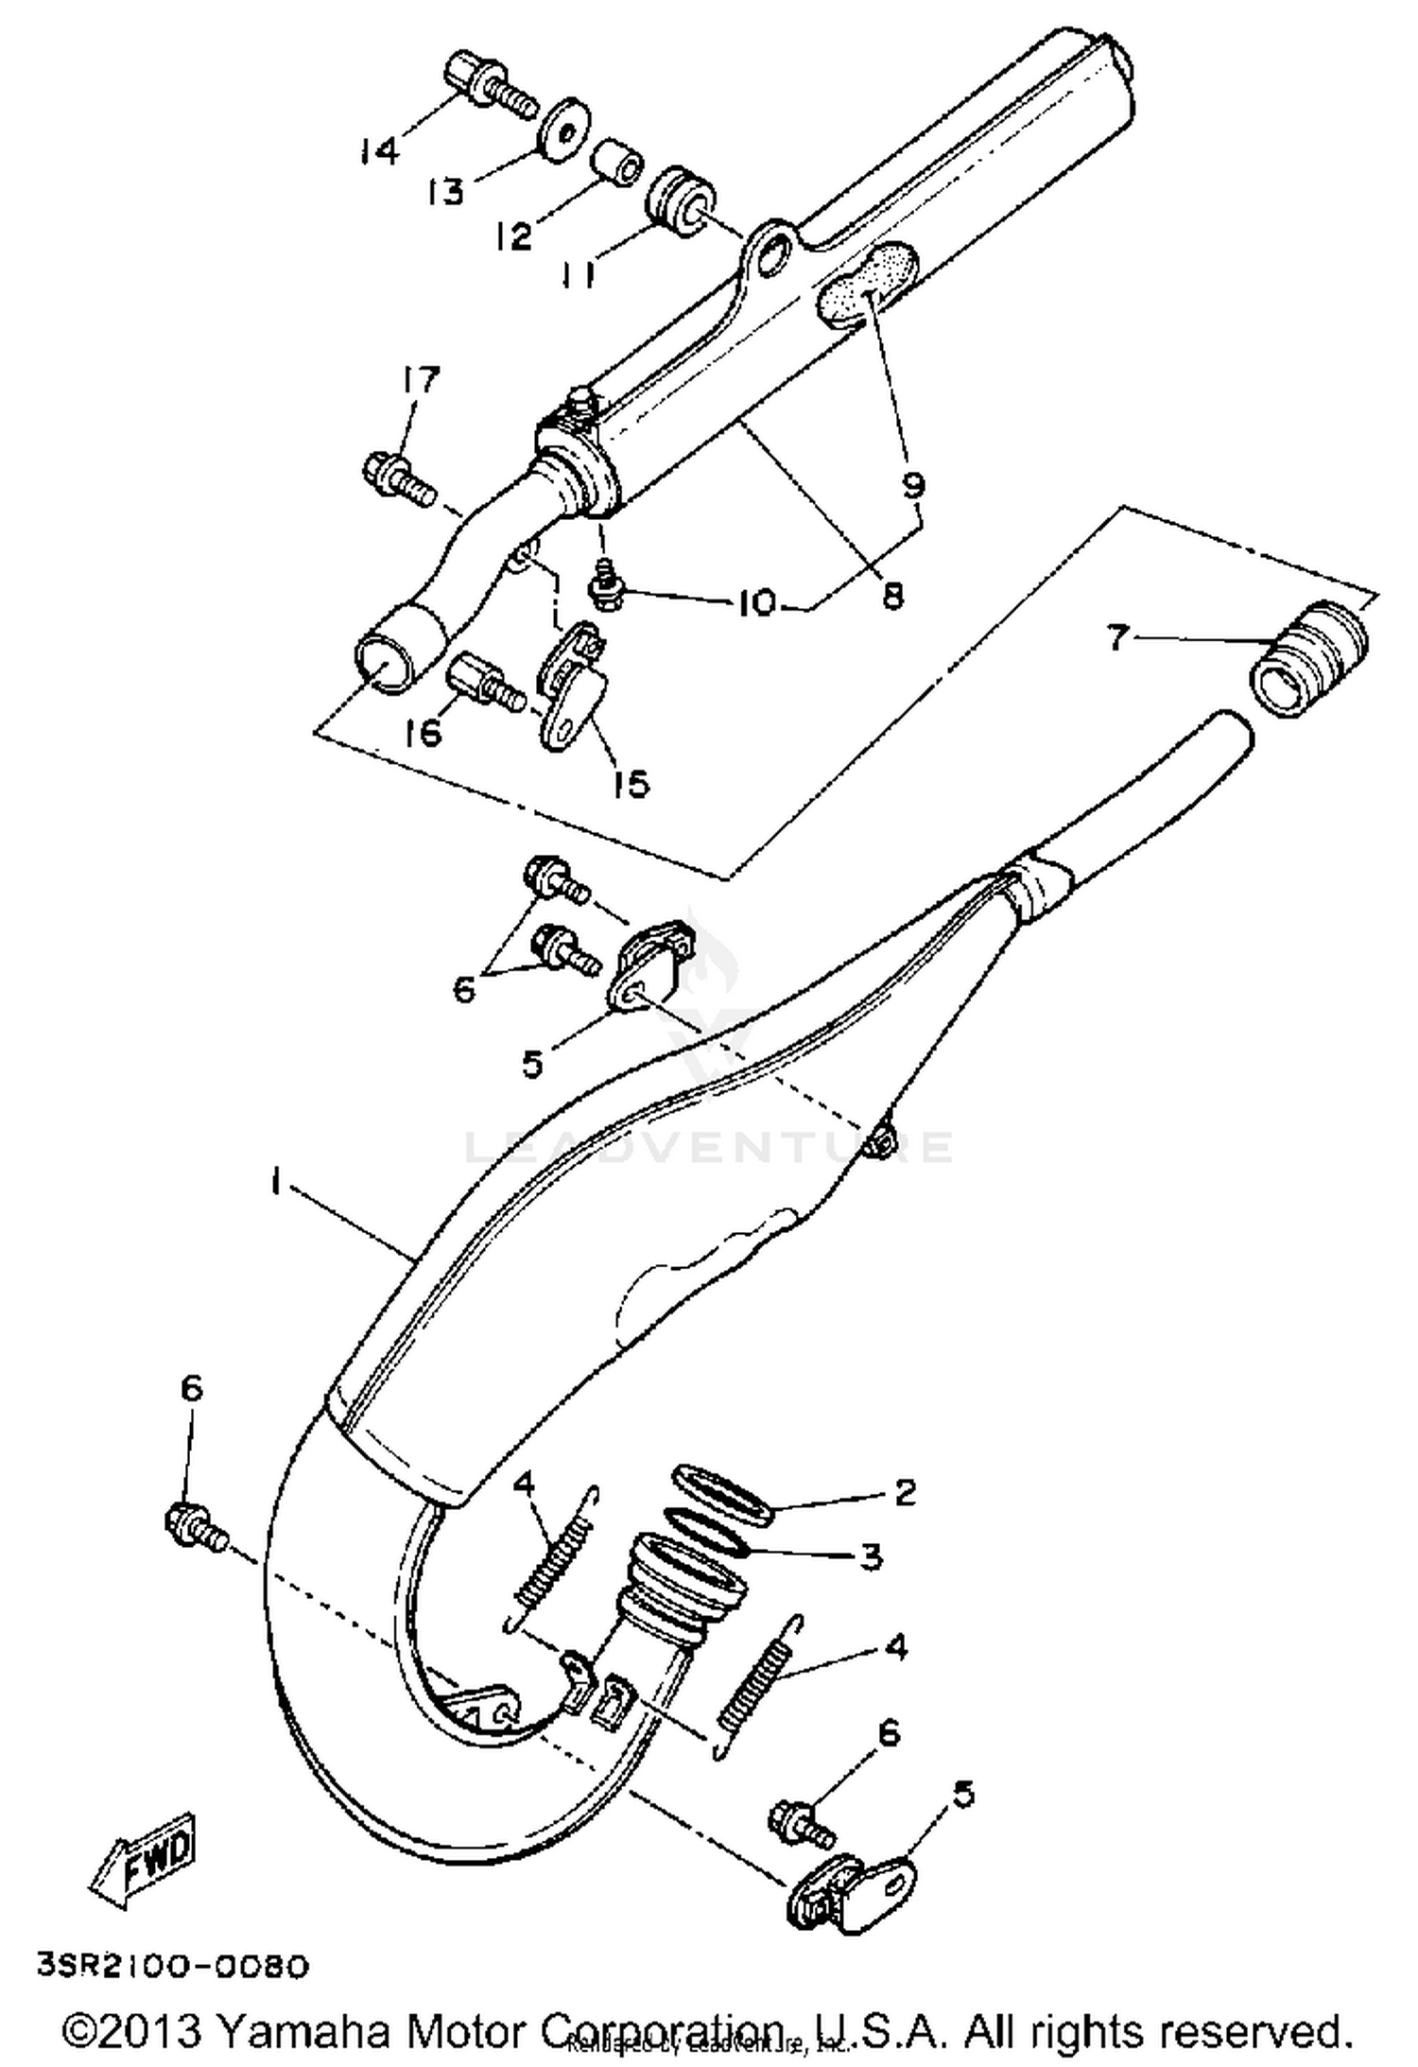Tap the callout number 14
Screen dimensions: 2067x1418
(x=379, y=149)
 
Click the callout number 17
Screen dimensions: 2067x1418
(x=419, y=380)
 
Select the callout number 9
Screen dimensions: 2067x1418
(x=912, y=485)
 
